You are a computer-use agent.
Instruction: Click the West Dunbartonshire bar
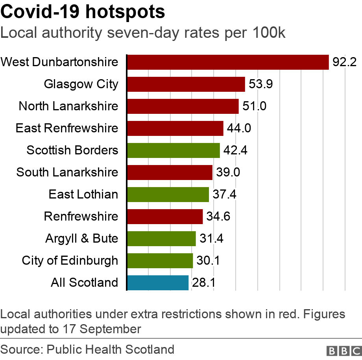228,62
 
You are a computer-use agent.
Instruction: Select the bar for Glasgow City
186,84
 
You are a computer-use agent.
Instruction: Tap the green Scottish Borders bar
174,150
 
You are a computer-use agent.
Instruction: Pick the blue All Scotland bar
158,282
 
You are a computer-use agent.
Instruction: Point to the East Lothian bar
168,194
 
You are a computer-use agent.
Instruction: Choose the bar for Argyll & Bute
161,238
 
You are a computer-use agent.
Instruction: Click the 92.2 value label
344,62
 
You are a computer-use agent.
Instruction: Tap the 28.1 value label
204,283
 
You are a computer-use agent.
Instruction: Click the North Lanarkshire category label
68,106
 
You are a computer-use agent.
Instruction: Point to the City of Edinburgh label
70,260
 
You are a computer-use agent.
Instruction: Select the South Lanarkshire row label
67,172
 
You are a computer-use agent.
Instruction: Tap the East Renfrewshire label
67,128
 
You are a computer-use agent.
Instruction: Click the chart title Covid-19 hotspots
83,13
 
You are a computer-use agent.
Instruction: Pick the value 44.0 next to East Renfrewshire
239,128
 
